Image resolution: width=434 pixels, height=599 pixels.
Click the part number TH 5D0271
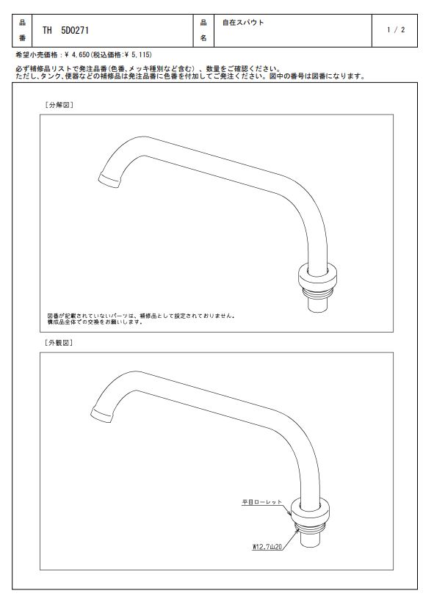coord(65,31)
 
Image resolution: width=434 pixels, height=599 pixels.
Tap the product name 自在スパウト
coord(243,23)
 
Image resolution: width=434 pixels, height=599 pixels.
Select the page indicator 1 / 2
coord(395,30)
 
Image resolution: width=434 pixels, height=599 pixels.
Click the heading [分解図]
coord(59,105)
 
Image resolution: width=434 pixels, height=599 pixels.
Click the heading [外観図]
coord(59,343)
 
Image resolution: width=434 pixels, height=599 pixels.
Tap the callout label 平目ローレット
coord(261,502)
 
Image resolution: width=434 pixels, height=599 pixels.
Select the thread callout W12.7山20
coord(267,547)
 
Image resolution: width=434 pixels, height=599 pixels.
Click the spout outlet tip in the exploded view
coord(109,180)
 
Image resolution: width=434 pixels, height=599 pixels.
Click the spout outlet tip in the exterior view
coord(102,415)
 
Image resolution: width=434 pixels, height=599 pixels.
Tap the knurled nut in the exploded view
coord(317,276)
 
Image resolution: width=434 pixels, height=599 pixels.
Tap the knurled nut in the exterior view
coord(310,510)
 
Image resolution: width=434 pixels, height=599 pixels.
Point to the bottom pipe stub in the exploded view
coord(318,305)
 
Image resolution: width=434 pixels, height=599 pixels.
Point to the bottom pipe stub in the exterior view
coord(311,540)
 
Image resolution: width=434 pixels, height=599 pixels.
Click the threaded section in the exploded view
coord(318,294)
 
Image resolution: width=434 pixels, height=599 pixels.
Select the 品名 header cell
coord(203,31)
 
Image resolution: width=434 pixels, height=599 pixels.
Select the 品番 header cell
coord(22,31)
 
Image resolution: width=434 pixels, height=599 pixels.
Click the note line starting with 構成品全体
coord(95,322)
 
